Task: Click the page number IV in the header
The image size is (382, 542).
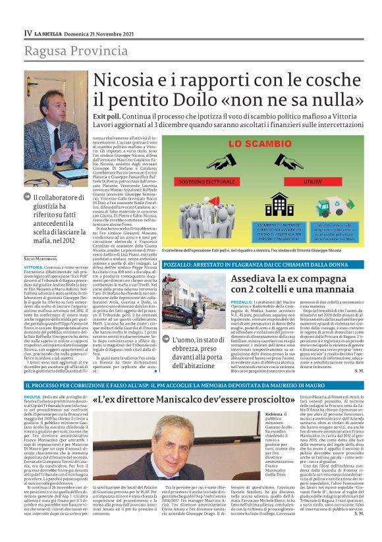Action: click(x=28, y=32)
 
